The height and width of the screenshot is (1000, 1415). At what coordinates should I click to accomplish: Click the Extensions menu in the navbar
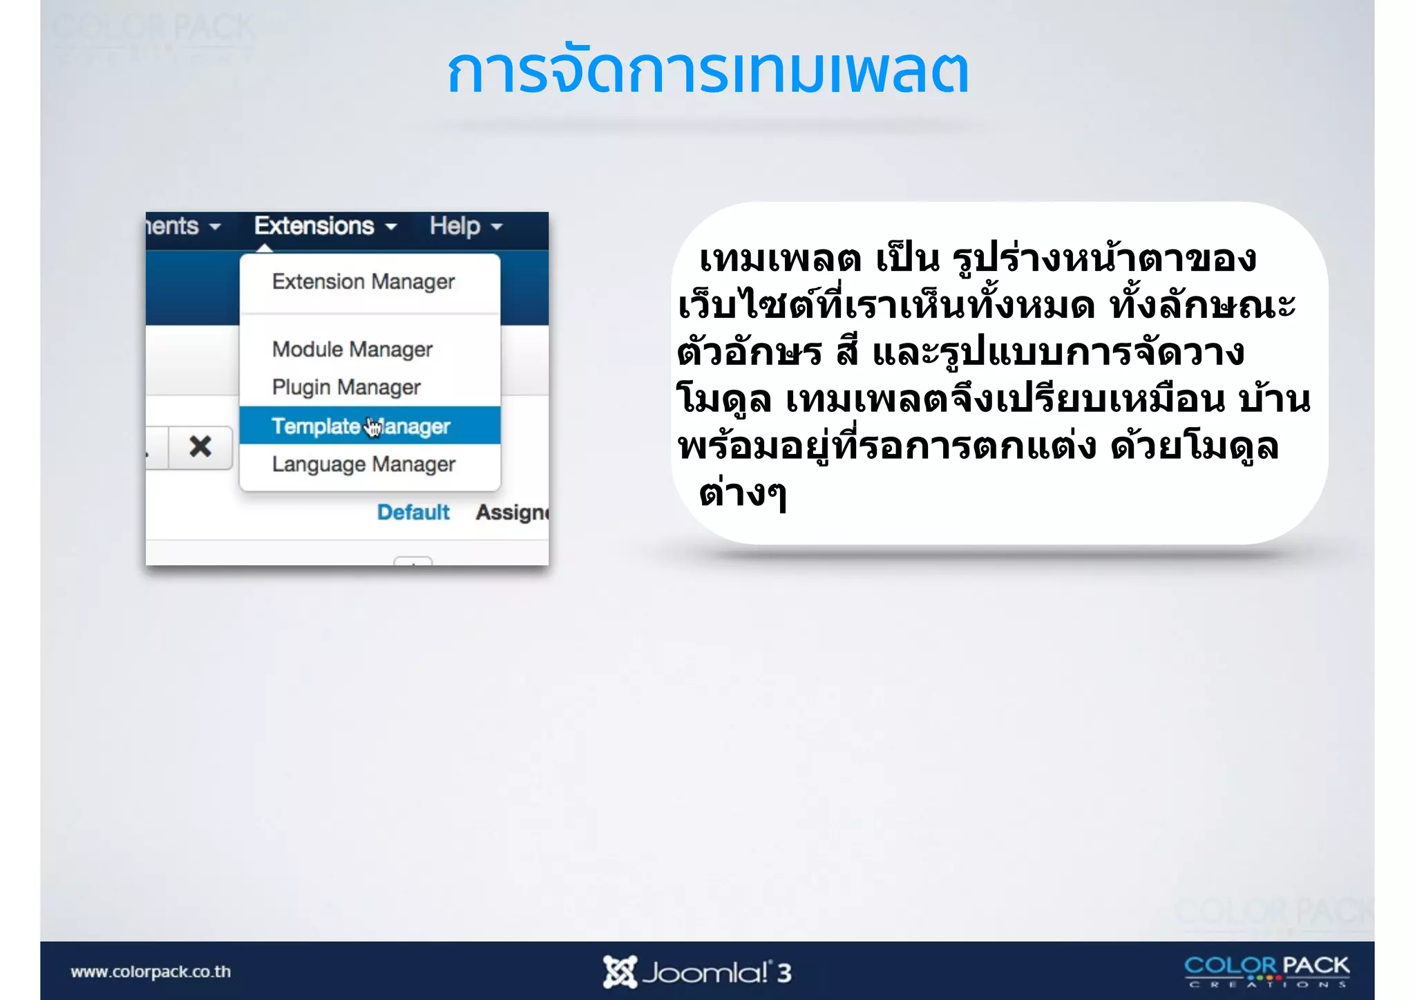315,226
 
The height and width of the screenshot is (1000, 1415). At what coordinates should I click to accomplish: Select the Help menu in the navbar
455,226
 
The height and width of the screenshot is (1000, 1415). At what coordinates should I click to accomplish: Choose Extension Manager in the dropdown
363,282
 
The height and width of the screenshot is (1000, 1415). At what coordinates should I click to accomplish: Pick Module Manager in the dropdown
352,350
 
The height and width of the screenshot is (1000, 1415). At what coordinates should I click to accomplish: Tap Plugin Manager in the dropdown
346,388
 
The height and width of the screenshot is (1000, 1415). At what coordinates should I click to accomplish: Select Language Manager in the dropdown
363,464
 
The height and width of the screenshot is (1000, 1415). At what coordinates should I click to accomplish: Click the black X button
200,447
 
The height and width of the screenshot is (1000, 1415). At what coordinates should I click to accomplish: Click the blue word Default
413,513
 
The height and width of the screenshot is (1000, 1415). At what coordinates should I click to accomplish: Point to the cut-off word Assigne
512,513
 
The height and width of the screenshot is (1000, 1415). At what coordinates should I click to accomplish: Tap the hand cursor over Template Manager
373,428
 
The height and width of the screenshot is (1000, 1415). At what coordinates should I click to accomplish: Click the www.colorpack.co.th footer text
151,972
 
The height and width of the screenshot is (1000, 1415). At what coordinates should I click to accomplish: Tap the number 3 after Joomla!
784,973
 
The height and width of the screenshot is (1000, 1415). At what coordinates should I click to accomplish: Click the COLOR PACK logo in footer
1266,970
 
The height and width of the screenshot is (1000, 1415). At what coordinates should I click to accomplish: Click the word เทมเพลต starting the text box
780,260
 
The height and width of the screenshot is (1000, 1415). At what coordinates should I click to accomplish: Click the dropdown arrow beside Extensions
391,227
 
